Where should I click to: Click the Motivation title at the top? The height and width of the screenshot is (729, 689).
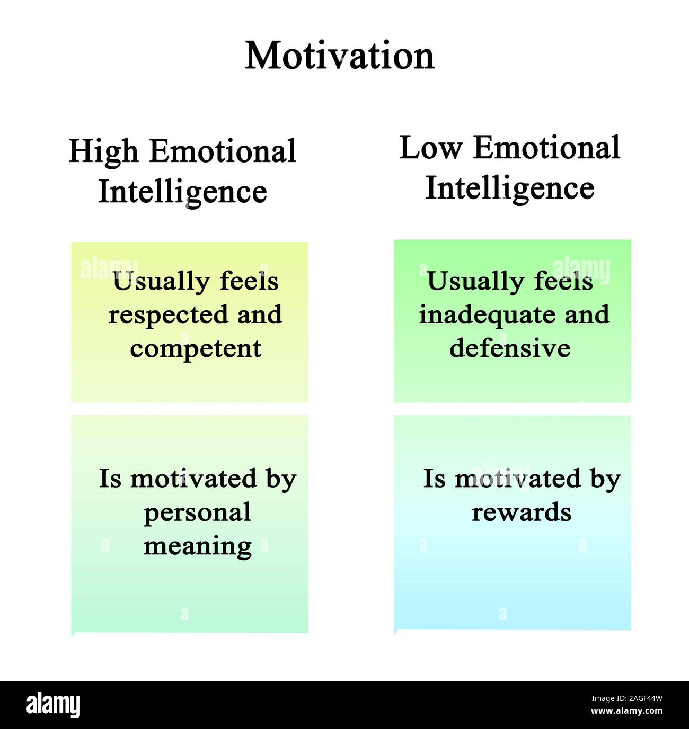tap(340, 56)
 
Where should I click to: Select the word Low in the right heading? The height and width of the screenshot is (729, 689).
tap(430, 148)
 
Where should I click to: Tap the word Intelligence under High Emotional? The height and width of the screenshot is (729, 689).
tap(183, 192)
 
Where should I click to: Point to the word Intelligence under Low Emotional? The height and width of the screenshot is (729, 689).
tap(510, 188)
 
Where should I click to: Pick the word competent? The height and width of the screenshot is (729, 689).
tap(196, 348)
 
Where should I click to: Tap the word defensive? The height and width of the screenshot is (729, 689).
tap(510, 348)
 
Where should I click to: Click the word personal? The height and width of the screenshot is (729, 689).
tap(197, 512)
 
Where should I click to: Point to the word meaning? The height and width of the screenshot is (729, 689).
tap(197, 546)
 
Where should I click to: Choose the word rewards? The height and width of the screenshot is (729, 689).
tap(522, 512)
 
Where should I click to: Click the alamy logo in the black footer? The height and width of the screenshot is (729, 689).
tap(53, 705)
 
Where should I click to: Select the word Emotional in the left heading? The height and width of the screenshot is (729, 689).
tap(222, 152)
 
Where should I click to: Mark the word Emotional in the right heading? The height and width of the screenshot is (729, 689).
tap(546, 148)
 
